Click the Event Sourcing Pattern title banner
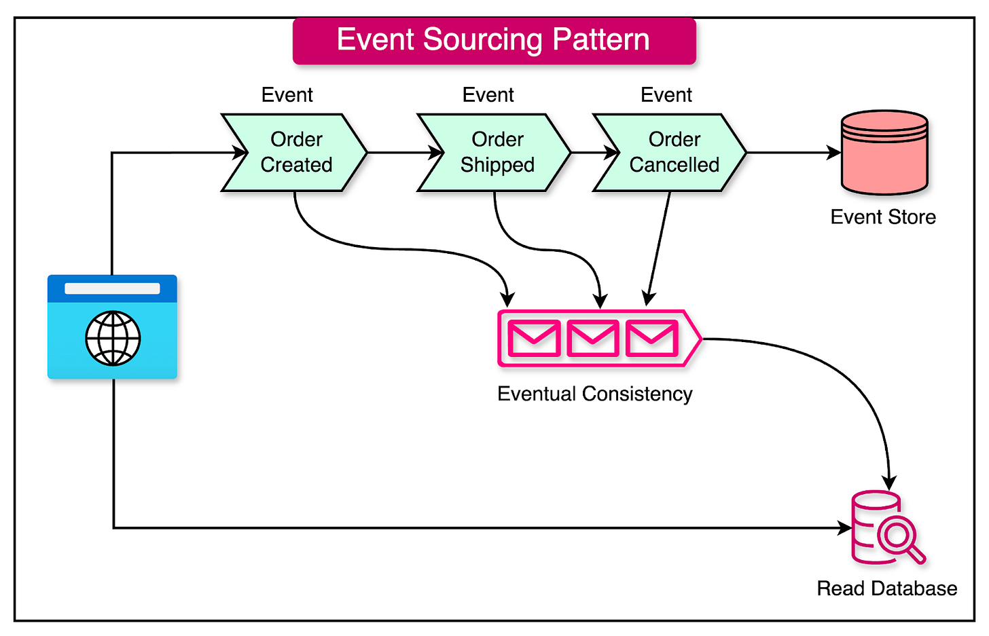click(494, 41)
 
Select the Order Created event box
click(295, 152)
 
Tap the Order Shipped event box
click(496, 152)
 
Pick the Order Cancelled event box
click(672, 152)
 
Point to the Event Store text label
click(883, 217)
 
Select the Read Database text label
click(886, 588)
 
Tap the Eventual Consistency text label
click(594, 394)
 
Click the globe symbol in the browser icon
click(113, 338)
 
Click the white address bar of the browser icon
click(112, 288)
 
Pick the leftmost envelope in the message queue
click(534, 339)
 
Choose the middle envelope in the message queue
click(592, 339)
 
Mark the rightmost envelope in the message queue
click(651, 339)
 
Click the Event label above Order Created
click(287, 95)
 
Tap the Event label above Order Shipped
click(488, 95)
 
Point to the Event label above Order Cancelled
click(666, 95)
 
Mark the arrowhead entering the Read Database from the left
click(845, 527)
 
